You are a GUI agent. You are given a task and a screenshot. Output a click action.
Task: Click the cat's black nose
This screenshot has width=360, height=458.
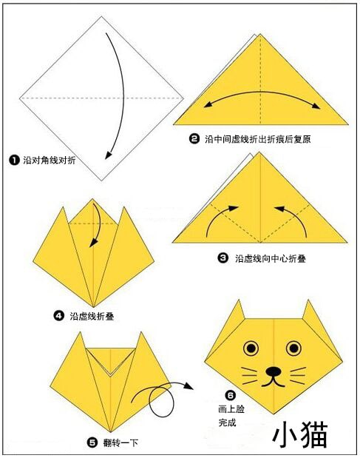coord(274,371)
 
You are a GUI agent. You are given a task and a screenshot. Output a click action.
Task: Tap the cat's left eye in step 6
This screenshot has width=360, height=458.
coord(251,348)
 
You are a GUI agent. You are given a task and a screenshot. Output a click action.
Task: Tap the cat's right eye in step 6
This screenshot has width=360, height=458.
coord(293,348)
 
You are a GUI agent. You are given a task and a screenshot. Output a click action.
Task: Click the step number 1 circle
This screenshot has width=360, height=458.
coord(14,160)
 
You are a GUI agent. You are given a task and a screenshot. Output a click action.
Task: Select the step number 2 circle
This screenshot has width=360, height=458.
coord(194,139)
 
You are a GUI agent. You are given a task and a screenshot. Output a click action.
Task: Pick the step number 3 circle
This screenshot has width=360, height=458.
coord(223,258)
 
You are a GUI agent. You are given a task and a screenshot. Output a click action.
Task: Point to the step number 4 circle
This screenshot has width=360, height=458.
coord(58,316)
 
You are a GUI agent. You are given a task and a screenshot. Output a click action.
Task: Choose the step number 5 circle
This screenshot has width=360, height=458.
coord(92,442)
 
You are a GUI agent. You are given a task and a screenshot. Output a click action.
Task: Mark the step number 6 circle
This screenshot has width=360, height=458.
coord(230,395)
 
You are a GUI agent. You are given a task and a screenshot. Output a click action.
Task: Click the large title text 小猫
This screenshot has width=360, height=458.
coord(300,434)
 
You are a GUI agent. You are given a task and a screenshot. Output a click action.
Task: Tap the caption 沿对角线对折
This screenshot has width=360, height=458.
coord(50,160)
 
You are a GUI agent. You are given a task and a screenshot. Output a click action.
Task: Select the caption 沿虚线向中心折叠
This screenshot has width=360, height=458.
coord(271,258)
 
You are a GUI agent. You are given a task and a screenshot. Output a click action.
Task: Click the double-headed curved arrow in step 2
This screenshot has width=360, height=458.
coord(262,92)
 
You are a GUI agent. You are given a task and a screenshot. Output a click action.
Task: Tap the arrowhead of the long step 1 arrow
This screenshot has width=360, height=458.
coord(108,155)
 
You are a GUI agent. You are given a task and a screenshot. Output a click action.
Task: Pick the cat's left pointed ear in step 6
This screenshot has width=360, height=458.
coord(237,311)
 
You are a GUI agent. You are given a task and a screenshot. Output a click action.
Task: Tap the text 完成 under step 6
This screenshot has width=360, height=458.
coord(227,422)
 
